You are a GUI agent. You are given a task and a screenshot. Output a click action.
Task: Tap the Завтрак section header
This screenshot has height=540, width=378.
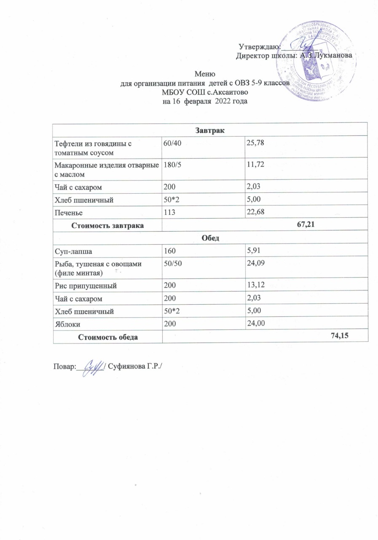click(x=210, y=130)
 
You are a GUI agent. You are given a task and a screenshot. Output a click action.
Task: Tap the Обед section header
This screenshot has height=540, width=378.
click(x=210, y=238)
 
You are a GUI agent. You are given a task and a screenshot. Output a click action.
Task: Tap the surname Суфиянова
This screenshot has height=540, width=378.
click(x=128, y=366)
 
